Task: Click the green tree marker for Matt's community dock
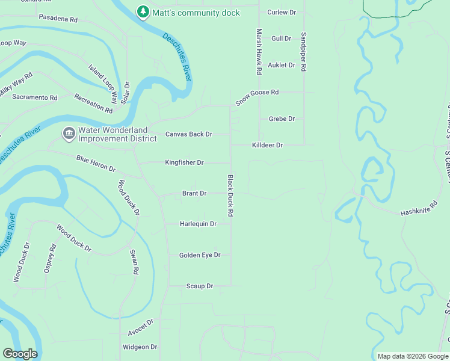pyautogui.click(x=143, y=12)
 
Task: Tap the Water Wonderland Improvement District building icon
pyautogui.click(x=69, y=133)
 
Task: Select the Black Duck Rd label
pyautogui.click(x=230, y=196)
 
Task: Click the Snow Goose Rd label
pyautogui.click(x=257, y=97)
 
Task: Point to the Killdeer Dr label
pyautogui.click(x=267, y=145)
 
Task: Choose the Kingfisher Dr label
pyautogui.click(x=184, y=162)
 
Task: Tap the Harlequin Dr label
pyautogui.click(x=197, y=224)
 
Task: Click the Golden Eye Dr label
pyautogui.click(x=200, y=255)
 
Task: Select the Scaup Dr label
pyautogui.click(x=200, y=286)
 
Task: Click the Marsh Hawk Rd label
pyautogui.click(x=259, y=52)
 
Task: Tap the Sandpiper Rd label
pyautogui.click(x=304, y=52)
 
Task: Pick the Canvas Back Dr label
pyautogui.click(x=188, y=134)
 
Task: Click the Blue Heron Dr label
pyautogui.click(x=96, y=163)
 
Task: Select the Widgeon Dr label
pyautogui.click(x=140, y=347)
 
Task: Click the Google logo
pyautogui.click(x=20, y=354)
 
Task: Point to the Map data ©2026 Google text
pyautogui.click(x=412, y=356)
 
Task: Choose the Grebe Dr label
pyautogui.click(x=282, y=119)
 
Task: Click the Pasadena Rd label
pyautogui.click(x=58, y=19)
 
